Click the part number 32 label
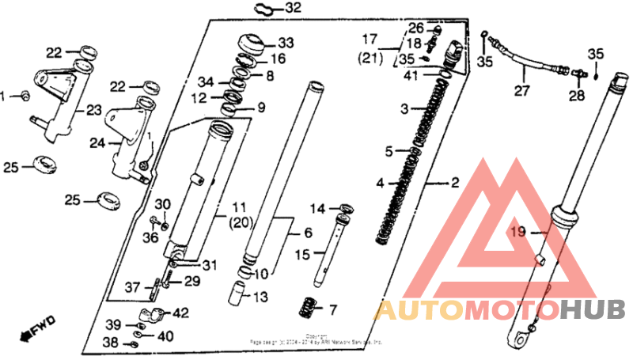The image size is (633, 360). (x=271, y=9)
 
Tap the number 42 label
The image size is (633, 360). (x=181, y=313)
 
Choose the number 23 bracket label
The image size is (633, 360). (x=94, y=111)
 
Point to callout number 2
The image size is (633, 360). (x=455, y=183)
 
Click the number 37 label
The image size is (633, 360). (x=132, y=287)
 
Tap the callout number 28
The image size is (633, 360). (x=575, y=97)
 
